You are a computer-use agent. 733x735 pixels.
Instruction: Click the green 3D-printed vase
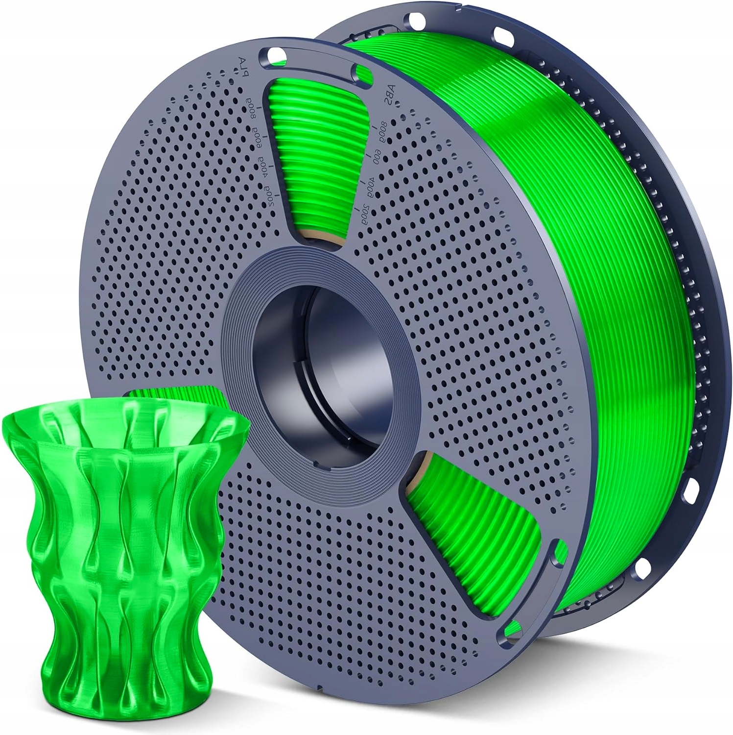(122, 549)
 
